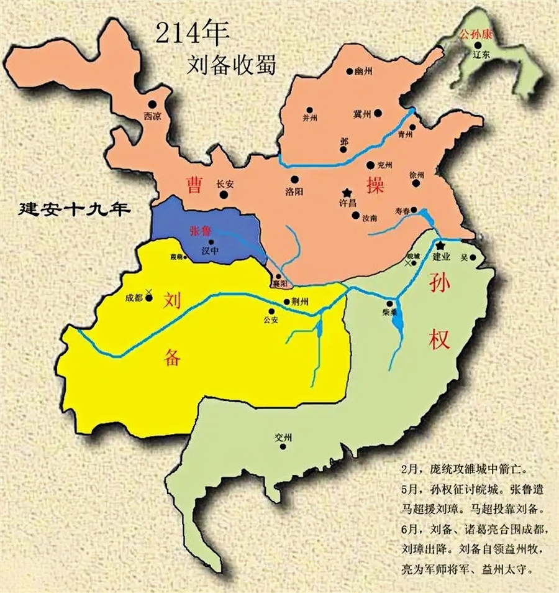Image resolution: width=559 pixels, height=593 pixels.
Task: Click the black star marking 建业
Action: [440, 247]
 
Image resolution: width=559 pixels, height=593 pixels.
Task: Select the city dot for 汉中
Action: [211, 242]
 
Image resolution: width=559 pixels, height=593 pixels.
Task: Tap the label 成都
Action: [134, 298]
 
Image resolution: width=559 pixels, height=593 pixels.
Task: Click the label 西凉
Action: [152, 115]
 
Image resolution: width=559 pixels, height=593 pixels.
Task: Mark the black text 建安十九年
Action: [75, 208]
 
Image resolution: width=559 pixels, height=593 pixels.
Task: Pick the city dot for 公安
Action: [271, 311]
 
